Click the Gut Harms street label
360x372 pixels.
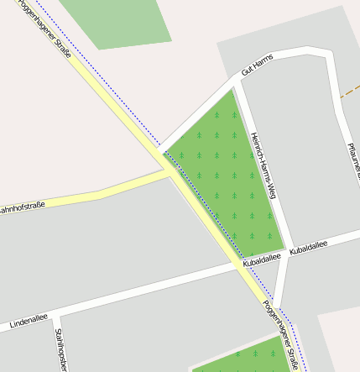coord(257,65)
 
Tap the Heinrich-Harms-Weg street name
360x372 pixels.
coord(263,165)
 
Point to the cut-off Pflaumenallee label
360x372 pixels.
coord(353,160)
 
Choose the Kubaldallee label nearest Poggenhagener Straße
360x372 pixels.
coord(260,262)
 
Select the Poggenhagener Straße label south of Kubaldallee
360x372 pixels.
coord(280,335)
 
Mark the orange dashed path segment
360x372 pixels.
coord(350,91)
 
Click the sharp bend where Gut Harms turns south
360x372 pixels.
coord(330,53)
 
